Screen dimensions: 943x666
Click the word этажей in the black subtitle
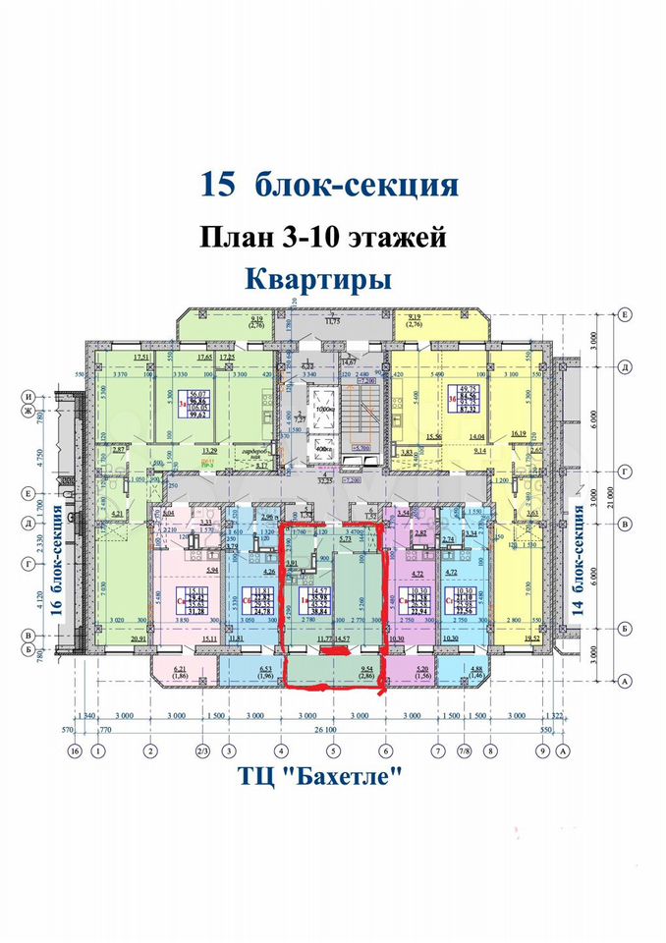click(x=389, y=237)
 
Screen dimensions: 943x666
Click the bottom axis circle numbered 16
click(x=73, y=751)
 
